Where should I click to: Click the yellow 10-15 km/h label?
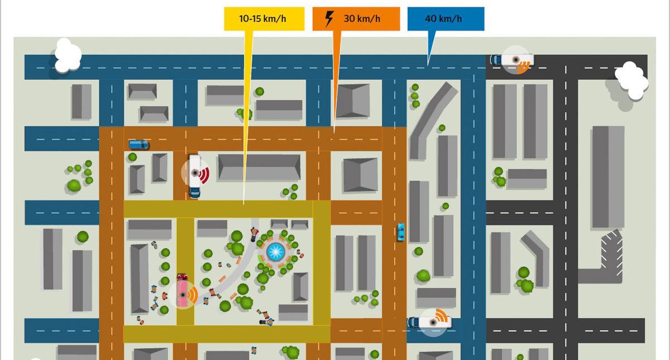(x=264, y=18)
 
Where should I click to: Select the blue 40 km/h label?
(x=445, y=18)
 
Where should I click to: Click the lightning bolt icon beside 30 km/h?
(x=329, y=18)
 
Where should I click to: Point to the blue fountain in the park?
(x=275, y=252)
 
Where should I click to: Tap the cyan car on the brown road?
(x=400, y=232)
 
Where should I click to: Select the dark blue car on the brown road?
(x=138, y=145)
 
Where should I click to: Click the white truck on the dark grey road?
(x=516, y=59)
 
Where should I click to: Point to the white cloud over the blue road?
(x=66, y=55)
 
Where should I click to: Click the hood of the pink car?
(x=182, y=279)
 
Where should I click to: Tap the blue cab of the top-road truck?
(x=495, y=59)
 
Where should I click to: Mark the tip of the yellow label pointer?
(x=243, y=204)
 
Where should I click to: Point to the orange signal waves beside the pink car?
(x=193, y=294)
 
